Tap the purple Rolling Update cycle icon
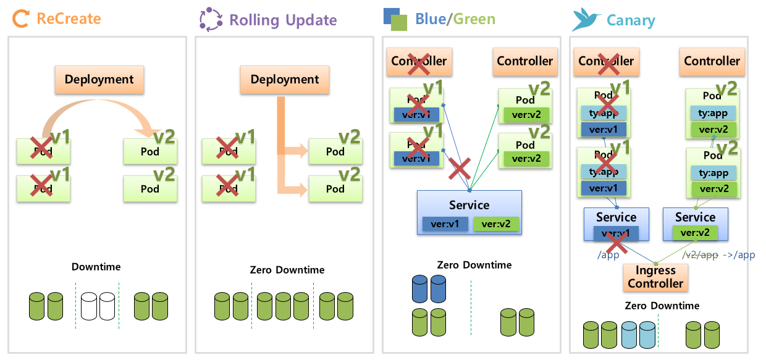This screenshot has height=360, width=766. point(210,19)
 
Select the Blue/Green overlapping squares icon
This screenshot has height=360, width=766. point(395,19)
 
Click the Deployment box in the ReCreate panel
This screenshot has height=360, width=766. point(99,80)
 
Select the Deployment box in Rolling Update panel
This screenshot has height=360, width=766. point(285,80)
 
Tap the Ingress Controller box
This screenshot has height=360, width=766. point(655,277)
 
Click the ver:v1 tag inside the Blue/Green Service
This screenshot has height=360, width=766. point(445,224)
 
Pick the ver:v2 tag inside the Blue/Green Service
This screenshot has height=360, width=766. point(497,224)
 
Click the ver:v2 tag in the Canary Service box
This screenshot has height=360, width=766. point(695,233)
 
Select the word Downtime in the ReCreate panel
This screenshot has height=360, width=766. point(96,267)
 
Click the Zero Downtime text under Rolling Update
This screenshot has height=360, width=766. point(287,270)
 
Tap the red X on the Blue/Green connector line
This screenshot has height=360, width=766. point(460,168)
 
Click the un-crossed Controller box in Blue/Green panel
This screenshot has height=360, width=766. point(524,61)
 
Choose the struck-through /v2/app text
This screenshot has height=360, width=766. point(700,254)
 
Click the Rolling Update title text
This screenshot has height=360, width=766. point(283,20)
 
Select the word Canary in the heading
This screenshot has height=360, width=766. point(631,20)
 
